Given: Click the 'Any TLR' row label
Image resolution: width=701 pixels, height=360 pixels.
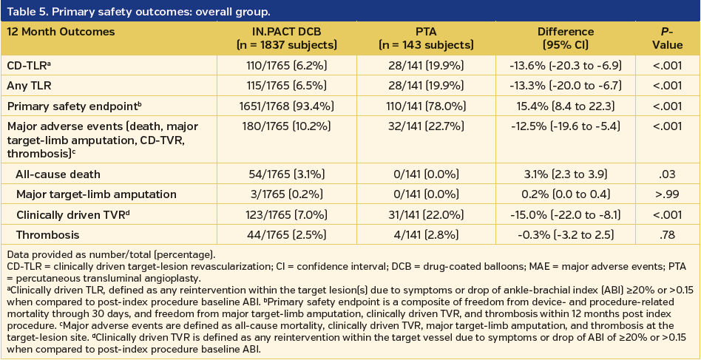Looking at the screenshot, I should [31, 86].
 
